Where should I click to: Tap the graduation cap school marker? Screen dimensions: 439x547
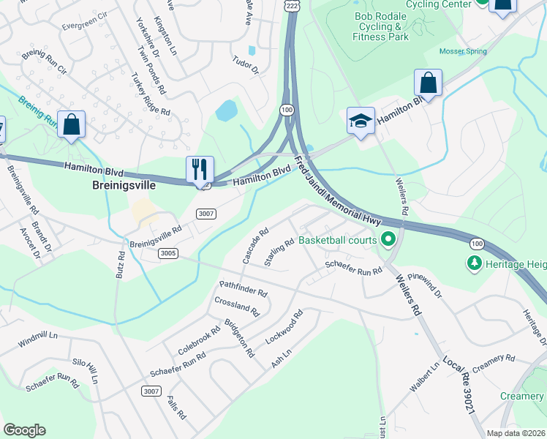point(361,121)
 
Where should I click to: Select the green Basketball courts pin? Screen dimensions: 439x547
point(388,239)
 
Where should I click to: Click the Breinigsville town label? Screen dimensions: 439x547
point(124,185)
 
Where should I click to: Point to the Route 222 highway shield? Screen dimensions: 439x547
point(292,5)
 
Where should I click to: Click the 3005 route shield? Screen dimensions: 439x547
point(167,252)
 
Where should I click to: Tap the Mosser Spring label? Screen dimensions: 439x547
point(461,51)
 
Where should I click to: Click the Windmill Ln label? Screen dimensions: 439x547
point(38,341)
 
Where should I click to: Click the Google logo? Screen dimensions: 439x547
point(24,430)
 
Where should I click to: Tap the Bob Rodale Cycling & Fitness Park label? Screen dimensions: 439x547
point(380,26)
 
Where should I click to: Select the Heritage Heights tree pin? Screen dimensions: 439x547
point(475,263)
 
